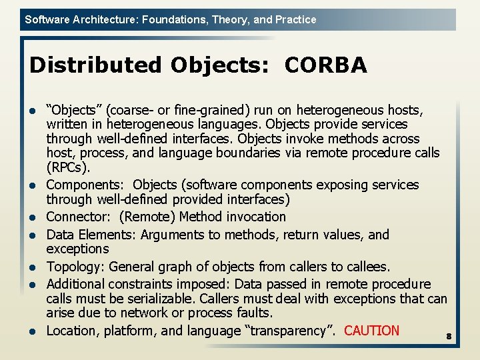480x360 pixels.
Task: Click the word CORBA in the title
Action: (325, 65)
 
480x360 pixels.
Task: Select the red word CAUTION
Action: (372, 331)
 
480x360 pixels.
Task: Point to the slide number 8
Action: (449, 337)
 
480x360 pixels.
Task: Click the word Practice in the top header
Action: (295, 20)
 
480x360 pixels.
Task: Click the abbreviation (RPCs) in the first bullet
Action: (68, 167)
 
